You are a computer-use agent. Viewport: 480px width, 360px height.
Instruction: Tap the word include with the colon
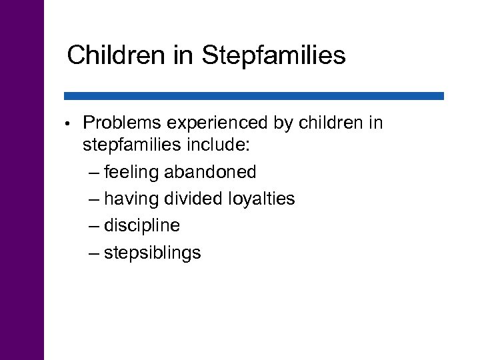218,145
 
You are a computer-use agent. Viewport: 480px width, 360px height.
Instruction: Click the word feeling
133,173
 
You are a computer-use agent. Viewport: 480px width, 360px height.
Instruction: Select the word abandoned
210,172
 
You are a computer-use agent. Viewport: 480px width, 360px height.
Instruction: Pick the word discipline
142,226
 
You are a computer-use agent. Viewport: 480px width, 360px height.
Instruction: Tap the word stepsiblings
153,253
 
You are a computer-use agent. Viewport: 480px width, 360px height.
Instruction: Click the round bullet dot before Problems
69,124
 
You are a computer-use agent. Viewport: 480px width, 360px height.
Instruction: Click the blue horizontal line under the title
253,96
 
